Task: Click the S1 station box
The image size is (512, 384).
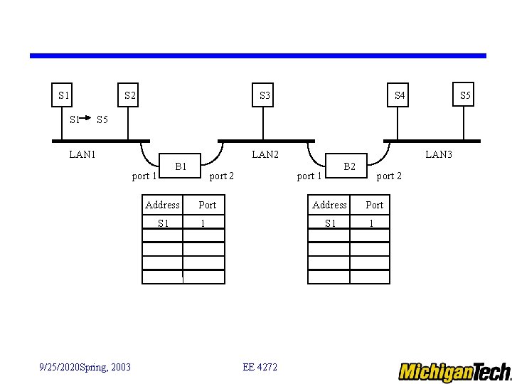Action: coord(64,95)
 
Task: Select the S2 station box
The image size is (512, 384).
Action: coord(130,95)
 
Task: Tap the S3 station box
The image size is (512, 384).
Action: coord(265,95)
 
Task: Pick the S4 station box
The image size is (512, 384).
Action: coord(400,95)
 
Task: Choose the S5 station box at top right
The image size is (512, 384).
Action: coord(465,95)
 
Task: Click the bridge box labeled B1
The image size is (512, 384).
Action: coord(181,166)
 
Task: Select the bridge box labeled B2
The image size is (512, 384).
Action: coord(349,166)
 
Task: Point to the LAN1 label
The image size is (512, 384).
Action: coord(82,154)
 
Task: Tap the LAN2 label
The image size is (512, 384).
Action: coord(265,154)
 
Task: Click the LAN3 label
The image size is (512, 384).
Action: coord(438,154)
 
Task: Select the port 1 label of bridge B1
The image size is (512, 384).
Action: coord(144,176)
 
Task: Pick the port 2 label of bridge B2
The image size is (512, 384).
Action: coord(389,176)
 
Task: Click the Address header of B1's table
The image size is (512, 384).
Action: coord(162,205)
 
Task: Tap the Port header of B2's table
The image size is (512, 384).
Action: coord(374,205)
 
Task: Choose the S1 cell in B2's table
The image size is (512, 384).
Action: coord(330,223)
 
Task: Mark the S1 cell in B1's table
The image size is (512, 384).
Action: coord(164,223)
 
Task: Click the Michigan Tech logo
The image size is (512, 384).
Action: coord(454,371)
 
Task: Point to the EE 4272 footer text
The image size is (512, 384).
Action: coord(260,367)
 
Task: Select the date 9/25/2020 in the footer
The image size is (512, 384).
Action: coord(60,367)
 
